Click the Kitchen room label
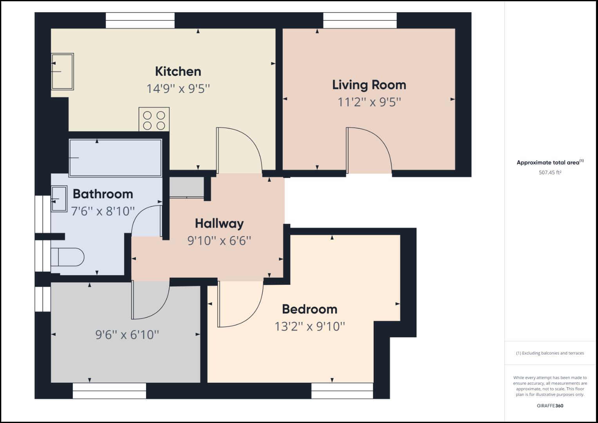tap(178, 71)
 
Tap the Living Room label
tap(369, 85)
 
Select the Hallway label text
tap(219, 223)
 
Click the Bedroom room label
tap(309, 309)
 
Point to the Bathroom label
tap(103, 194)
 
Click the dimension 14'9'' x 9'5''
tap(178, 89)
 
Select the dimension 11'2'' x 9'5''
tap(369, 102)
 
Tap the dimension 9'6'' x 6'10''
tap(127, 335)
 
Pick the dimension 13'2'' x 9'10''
tap(309, 326)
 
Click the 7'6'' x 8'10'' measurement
tap(103, 211)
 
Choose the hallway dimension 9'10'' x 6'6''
tap(219, 240)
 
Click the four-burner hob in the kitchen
tap(154, 119)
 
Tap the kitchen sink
tap(62, 72)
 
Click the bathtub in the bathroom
tap(115, 158)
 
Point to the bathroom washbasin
tap(59, 199)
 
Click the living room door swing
tap(368, 150)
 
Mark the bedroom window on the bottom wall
tap(342, 390)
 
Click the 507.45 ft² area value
tap(550, 172)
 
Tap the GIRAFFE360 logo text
tap(550, 406)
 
